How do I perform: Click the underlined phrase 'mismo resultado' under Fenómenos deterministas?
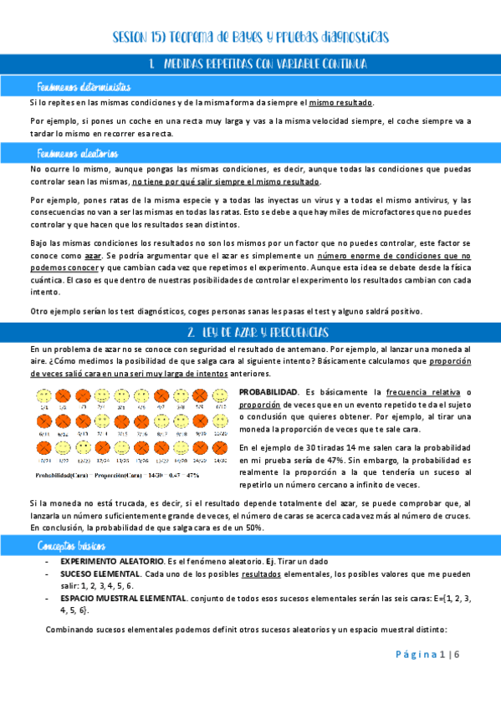[341, 103]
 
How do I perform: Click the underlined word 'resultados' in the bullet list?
[261, 575]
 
